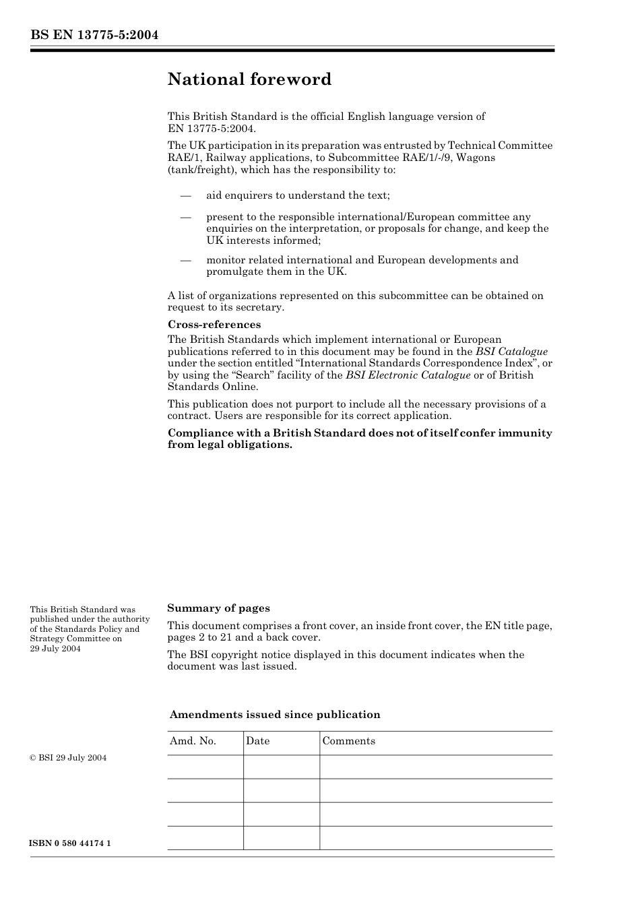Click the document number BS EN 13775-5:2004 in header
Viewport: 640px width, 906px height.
[94, 35]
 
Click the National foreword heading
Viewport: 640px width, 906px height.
[249, 79]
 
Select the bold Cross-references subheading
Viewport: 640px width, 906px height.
[214, 325]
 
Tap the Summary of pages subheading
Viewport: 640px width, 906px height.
[218, 608]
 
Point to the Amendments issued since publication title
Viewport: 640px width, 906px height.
[275, 715]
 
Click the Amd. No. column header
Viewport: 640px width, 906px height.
[193, 741]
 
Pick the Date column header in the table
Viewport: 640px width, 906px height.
[257, 741]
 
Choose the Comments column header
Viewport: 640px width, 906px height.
[348, 741]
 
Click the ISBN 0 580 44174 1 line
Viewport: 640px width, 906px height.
[71, 843]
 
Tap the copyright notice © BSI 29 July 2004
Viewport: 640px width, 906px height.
[68, 758]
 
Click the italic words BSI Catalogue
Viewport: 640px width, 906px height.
[511, 352]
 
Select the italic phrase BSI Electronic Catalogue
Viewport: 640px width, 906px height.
[408, 375]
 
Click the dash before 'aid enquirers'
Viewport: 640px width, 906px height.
[185, 196]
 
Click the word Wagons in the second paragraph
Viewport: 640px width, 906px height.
[476, 158]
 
